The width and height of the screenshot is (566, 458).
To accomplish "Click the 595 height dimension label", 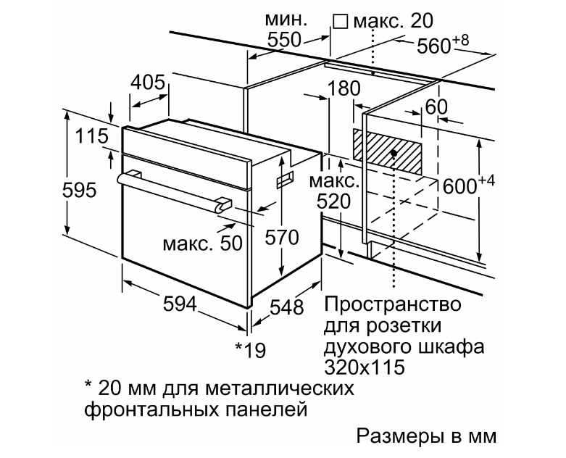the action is pyautogui.click(x=80, y=190).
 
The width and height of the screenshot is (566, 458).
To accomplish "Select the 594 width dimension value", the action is pyautogui.click(x=180, y=304).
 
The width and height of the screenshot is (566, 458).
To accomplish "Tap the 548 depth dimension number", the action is pyautogui.click(x=287, y=307).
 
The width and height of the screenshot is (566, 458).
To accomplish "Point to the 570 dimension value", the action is pyautogui.click(x=282, y=237).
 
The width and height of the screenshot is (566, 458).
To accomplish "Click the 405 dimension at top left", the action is pyautogui.click(x=148, y=83).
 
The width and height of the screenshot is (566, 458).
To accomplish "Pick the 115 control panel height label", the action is pyautogui.click(x=92, y=136).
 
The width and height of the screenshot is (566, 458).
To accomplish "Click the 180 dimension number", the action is pyautogui.click(x=344, y=88).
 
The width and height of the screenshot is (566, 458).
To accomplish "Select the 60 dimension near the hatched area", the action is pyautogui.click(x=436, y=107).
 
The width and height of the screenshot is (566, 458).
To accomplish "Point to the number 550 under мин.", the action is pyautogui.click(x=284, y=40).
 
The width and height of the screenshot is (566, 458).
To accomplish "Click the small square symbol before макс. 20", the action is pyautogui.click(x=340, y=21).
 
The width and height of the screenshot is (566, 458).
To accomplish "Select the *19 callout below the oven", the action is pyautogui.click(x=251, y=350).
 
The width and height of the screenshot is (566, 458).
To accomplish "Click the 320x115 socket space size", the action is pyautogui.click(x=365, y=367).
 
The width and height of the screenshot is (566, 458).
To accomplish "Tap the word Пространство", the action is pyautogui.click(x=393, y=304).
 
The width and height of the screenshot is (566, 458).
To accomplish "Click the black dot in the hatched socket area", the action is pyautogui.click(x=394, y=154).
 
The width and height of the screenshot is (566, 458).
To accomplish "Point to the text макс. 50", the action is pyautogui.click(x=202, y=243).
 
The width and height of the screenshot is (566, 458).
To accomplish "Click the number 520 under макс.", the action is pyautogui.click(x=334, y=201).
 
